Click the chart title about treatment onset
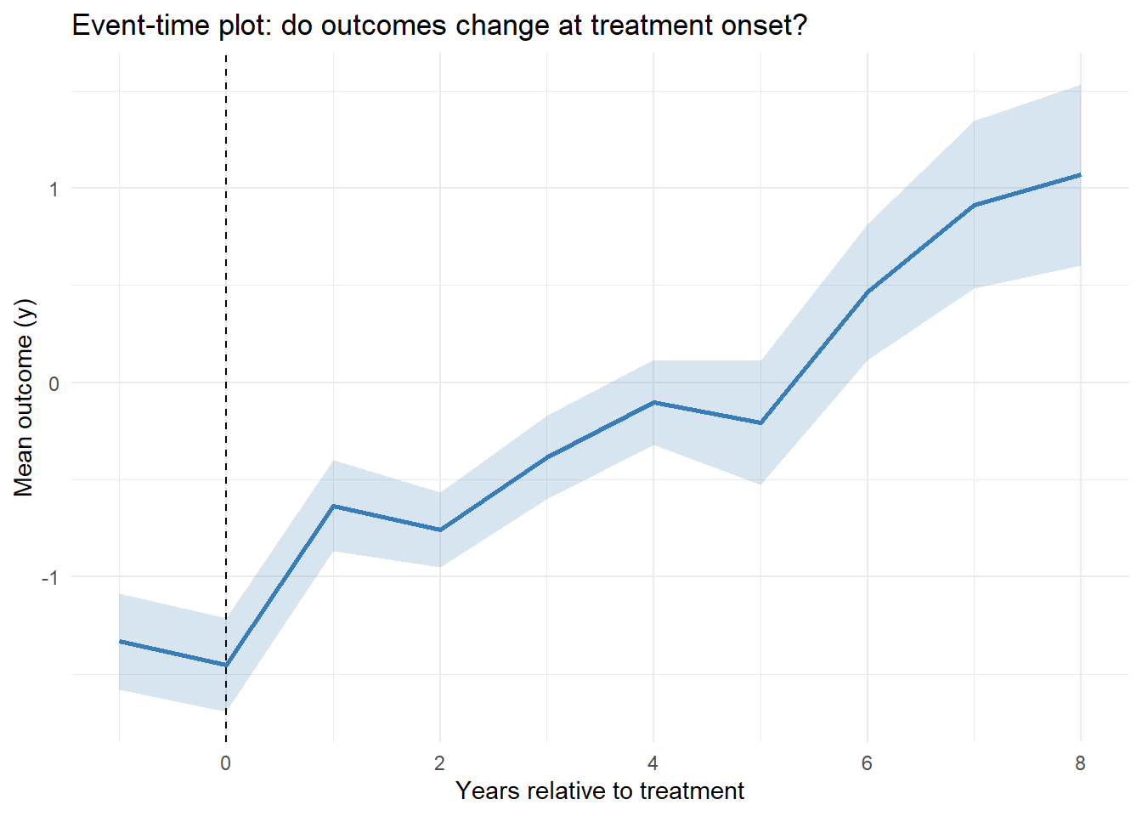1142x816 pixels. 439,25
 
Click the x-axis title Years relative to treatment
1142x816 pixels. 599,790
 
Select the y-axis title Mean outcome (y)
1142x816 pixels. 24,397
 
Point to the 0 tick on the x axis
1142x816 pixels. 225,763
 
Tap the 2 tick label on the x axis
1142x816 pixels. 439,763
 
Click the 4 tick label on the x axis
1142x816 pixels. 653,763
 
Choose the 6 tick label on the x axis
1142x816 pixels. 867,763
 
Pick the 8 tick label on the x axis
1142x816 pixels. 1080,763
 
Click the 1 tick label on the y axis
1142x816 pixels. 54,189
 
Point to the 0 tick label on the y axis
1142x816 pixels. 54,383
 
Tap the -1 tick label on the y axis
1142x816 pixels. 50,577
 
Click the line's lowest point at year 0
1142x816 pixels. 226,666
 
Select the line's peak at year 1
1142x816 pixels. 333,506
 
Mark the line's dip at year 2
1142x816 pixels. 440,530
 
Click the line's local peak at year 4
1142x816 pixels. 653,402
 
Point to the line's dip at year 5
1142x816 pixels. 760,423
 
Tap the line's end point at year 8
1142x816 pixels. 1080,174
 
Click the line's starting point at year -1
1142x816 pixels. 120,641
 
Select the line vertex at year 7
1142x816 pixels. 974,205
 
